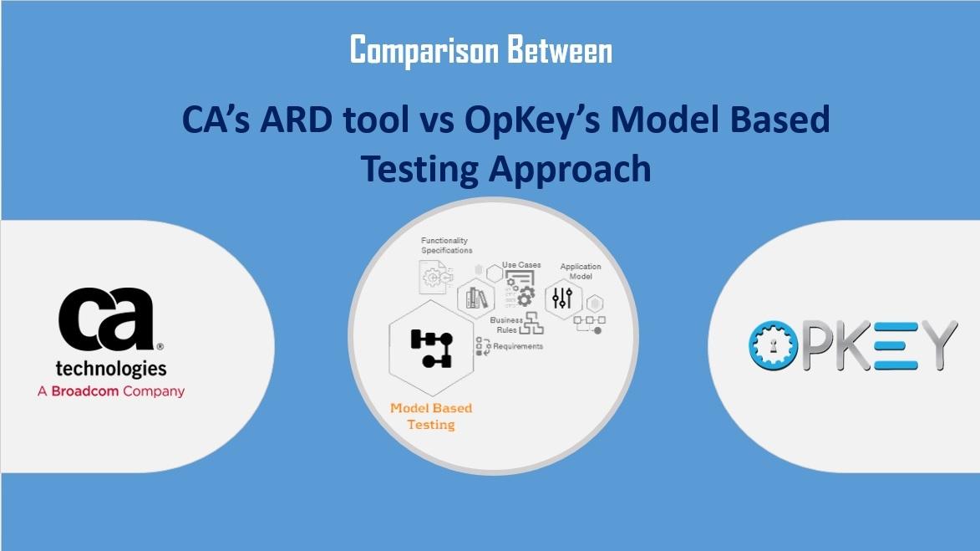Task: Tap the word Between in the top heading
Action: click(560, 50)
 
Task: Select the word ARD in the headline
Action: click(297, 119)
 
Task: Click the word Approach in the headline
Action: click(570, 170)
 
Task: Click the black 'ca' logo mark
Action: click(107, 319)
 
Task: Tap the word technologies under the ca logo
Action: click(111, 369)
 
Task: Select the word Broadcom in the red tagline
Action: click(85, 391)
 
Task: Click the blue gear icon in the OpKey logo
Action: click(774, 344)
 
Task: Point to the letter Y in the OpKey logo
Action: click(934, 344)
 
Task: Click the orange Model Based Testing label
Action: click(431, 416)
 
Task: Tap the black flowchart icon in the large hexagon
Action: click(431, 349)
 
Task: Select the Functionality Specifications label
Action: click(446, 245)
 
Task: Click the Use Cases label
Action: click(521, 265)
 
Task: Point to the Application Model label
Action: click(581, 272)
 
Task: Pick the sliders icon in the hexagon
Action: click(562, 298)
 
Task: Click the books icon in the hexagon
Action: click(476, 298)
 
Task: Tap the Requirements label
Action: click(518, 346)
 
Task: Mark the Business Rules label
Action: click(506, 325)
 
